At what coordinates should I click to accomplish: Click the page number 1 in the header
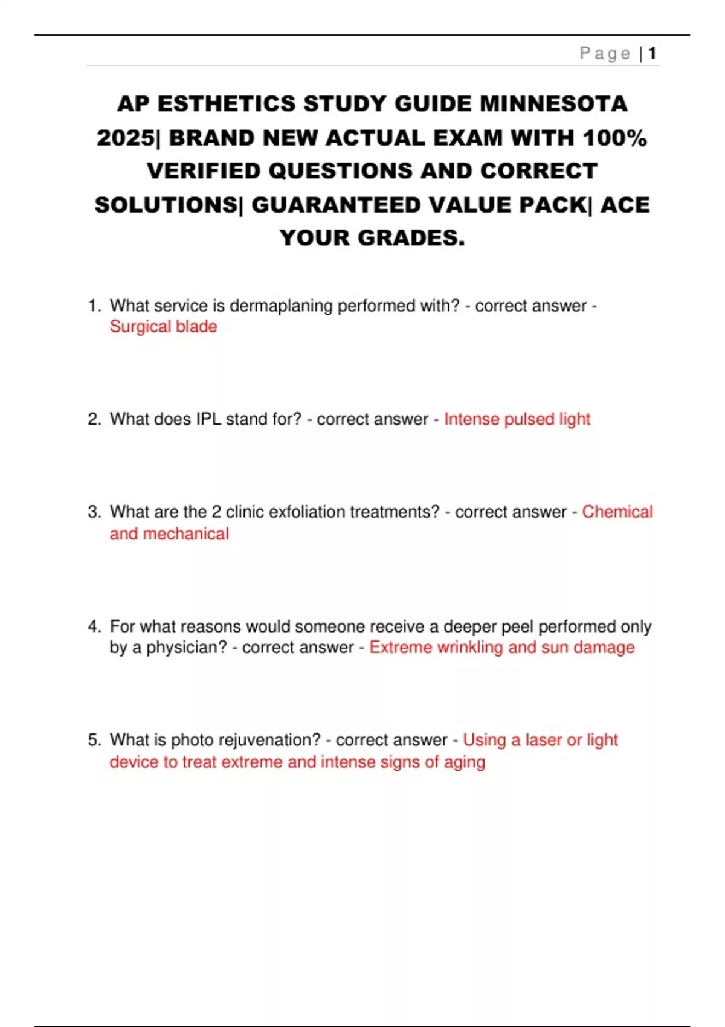tap(652, 54)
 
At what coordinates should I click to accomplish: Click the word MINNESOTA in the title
tap(553, 104)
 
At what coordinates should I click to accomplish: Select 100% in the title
tap(614, 138)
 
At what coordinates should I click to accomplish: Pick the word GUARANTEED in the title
tap(337, 205)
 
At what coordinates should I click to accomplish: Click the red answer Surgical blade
tap(163, 327)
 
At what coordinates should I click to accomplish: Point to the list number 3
tap(94, 512)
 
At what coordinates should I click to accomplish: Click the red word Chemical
tap(617, 512)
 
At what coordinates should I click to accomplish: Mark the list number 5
tap(94, 740)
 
